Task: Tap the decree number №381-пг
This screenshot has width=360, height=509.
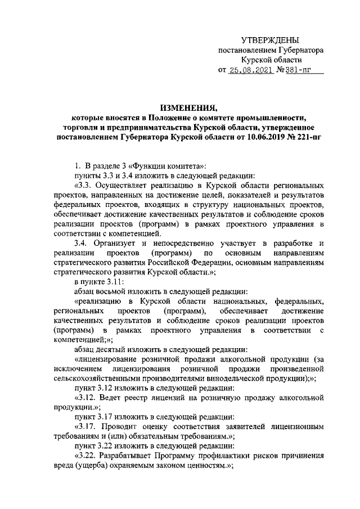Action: (292, 70)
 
